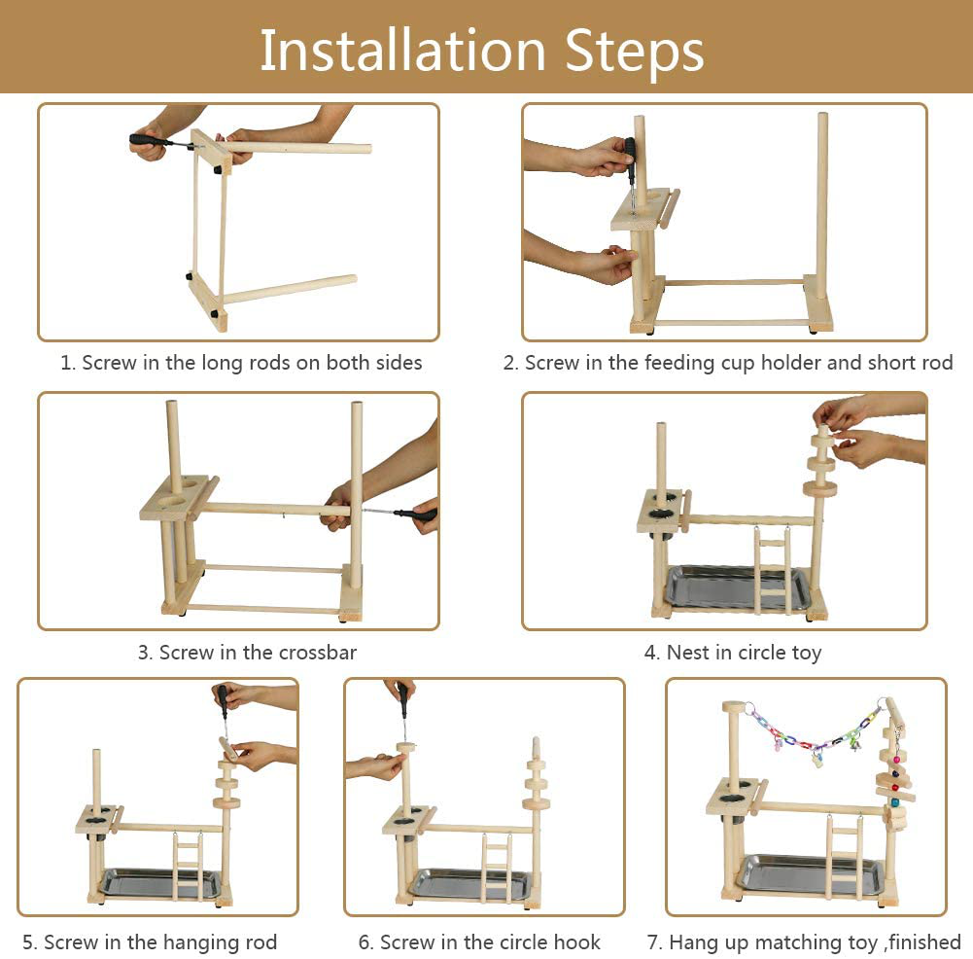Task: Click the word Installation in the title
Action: tap(402, 51)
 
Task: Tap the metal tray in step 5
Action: tap(161, 883)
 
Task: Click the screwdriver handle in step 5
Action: tap(221, 698)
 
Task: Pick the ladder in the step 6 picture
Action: tap(497, 868)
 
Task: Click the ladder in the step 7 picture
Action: tap(845, 857)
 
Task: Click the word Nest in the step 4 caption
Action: tap(687, 653)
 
